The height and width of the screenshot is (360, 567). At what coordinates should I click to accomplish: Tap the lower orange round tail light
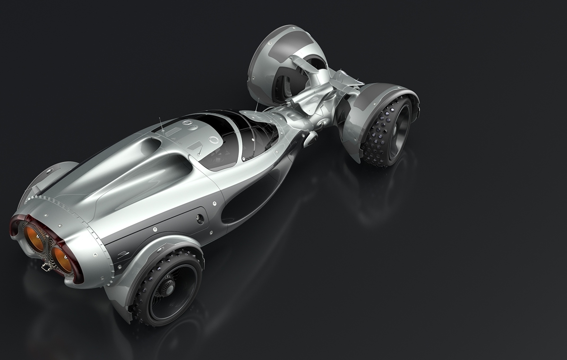pos(62,259)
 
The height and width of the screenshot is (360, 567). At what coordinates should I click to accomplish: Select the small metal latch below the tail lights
pos(46,267)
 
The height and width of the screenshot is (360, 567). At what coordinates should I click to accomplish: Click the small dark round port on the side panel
pos(200,219)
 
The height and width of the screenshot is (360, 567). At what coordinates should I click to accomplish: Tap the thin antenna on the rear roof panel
pos(161,125)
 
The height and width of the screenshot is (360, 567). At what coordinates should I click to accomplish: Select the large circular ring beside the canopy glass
pos(214,140)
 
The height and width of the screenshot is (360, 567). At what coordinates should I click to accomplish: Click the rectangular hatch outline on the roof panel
pos(172,132)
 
